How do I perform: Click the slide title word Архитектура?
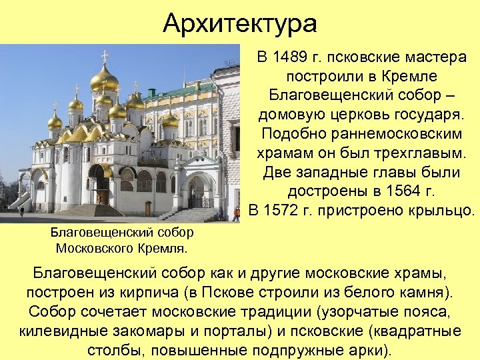(x=240, y=24)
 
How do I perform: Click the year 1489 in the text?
(x=294, y=58)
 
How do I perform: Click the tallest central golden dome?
(x=105, y=81)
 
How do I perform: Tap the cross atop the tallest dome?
(x=105, y=56)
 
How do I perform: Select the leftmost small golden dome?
(x=55, y=121)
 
